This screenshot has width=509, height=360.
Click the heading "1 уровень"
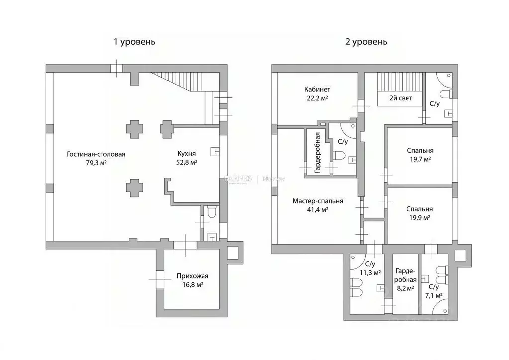pyautogui.click(x=134, y=42)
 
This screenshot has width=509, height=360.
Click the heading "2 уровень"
pyautogui.click(x=366, y=42)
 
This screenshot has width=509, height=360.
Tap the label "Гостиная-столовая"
pyautogui.click(x=96, y=154)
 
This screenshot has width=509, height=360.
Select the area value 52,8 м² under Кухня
pyautogui.click(x=187, y=163)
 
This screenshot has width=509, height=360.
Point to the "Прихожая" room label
pyautogui.click(x=192, y=276)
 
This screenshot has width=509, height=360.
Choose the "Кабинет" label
pyautogui.click(x=317, y=89)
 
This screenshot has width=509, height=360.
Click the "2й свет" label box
pyautogui.click(x=401, y=98)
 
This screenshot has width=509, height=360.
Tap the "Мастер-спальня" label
pyautogui.click(x=317, y=201)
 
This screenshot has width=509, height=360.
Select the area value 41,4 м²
pyautogui.click(x=317, y=210)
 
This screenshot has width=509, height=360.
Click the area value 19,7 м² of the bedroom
pyautogui.click(x=419, y=159)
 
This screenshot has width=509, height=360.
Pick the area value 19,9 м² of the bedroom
pyautogui.click(x=419, y=218)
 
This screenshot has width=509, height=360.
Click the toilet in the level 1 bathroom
pyautogui.click(x=211, y=212)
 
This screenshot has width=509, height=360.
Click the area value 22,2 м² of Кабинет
pyautogui.click(x=317, y=98)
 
